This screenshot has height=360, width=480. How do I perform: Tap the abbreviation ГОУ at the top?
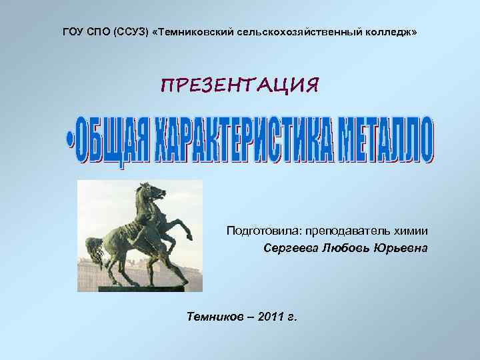click(75, 33)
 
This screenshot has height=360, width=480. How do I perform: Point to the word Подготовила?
click(263, 231)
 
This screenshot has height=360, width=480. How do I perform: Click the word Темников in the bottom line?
click(215, 315)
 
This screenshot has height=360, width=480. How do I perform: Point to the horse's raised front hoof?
click(191, 237)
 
